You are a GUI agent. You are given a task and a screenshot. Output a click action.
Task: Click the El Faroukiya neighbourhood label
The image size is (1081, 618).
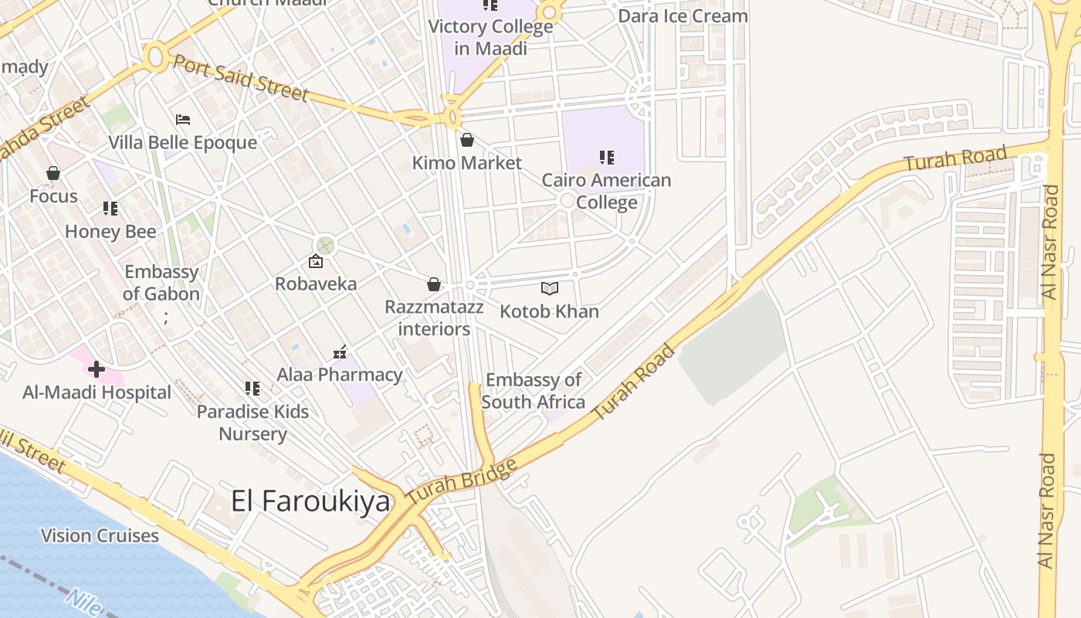(x=310, y=501)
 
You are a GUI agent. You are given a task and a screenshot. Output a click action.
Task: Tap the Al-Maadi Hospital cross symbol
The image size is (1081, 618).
(x=97, y=369)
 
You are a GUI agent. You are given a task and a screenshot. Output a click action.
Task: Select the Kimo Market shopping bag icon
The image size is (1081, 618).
(x=466, y=140)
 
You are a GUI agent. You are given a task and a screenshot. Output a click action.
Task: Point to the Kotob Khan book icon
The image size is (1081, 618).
(x=549, y=288)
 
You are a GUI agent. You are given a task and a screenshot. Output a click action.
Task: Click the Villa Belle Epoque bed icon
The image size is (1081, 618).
(x=183, y=120)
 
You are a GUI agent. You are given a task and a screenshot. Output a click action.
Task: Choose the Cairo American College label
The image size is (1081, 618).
(x=606, y=191)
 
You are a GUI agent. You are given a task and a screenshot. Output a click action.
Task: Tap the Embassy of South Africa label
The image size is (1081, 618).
(x=533, y=391)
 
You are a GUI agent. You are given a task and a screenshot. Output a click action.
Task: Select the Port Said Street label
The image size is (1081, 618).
(x=240, y=77)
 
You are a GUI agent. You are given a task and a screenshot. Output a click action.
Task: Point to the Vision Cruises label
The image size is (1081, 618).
(x=100, y=535)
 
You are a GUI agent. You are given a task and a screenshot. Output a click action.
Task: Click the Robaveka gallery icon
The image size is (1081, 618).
(x=316, y=261)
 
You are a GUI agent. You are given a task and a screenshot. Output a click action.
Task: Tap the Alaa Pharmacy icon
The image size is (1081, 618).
(x=340, y=352)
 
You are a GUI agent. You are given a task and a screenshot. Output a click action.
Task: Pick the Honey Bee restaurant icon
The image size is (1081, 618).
(x=110, y=209)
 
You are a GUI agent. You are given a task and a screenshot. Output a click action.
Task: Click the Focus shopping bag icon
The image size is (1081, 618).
(x=53, y=173)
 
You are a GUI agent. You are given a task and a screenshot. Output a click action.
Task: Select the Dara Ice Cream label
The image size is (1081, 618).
(x=683, y=15)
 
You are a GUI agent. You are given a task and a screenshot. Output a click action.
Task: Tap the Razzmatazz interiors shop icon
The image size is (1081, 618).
(x=434, y=284)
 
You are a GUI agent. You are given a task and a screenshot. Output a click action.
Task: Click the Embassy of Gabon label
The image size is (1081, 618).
(x=161, y=283)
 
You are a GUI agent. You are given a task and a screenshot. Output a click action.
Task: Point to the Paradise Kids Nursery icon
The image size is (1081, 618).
(x=252, y=388)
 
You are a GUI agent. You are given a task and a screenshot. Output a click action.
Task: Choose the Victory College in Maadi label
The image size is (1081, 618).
(x=490, y=37)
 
